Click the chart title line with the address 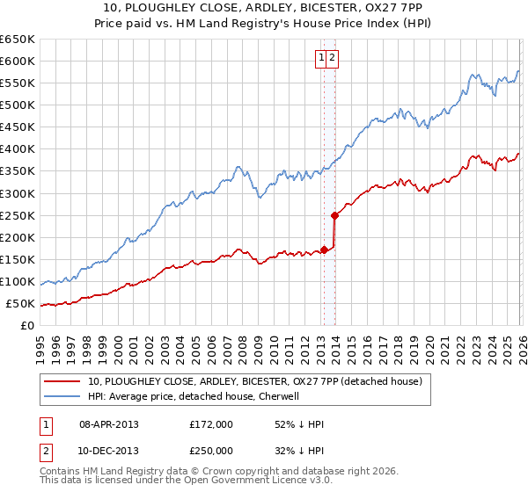pyautogui.click(x=264, y=9)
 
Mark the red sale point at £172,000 pyautogui.click(x=324, y=250)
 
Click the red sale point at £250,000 pyautogui.click(x=334, y=215)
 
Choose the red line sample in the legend pyautogui.click(x=62, y=381)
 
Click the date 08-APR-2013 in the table pyautogui.click(x=109, y=424)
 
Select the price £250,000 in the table pyautogui.click(x=211, y=451)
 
